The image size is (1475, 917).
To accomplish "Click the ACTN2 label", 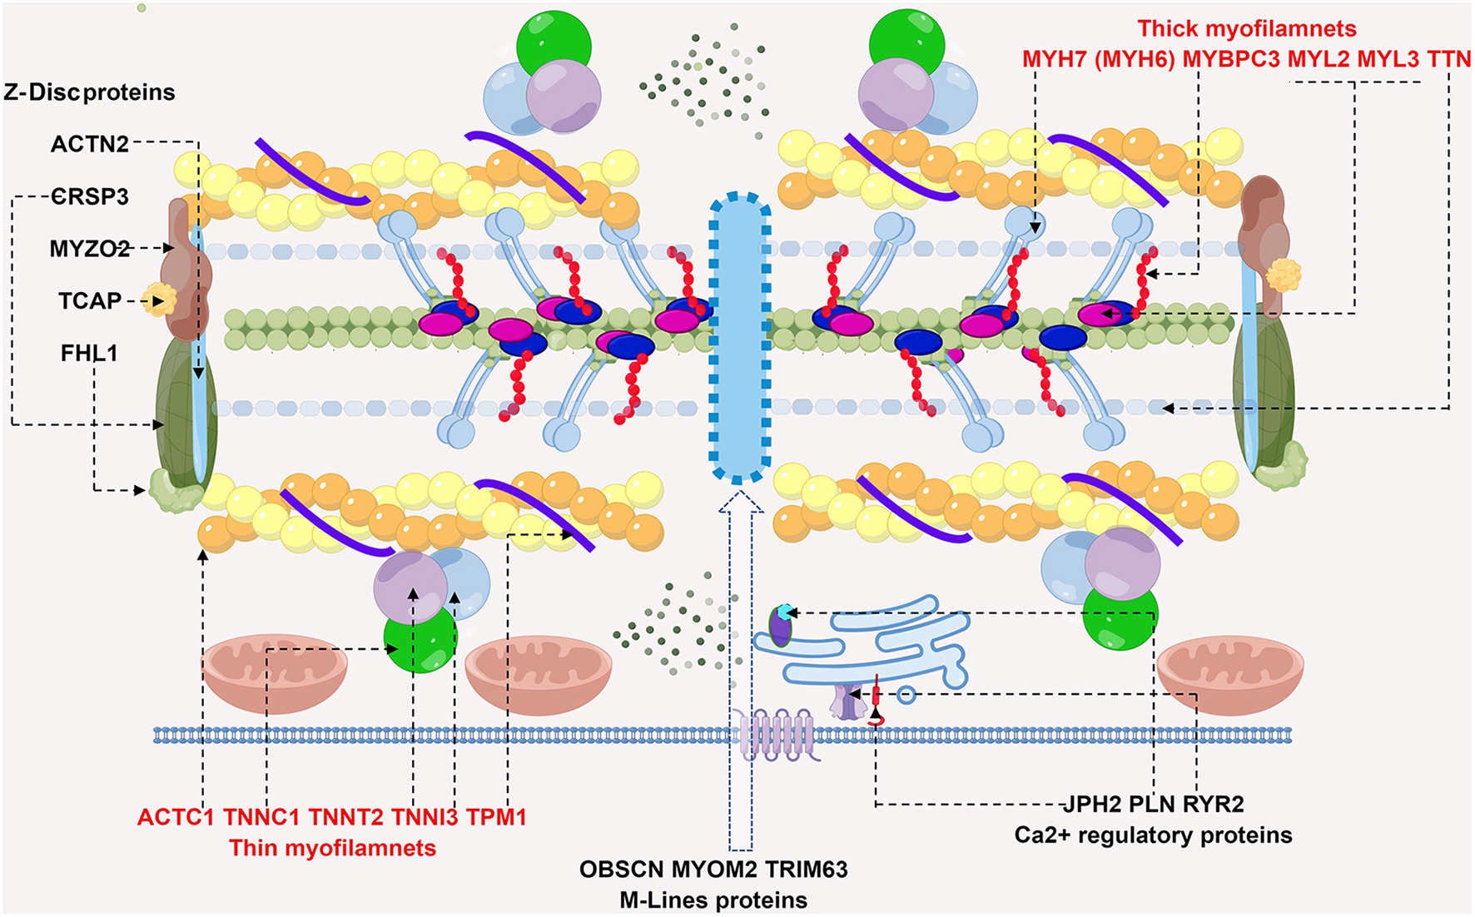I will point(90,144).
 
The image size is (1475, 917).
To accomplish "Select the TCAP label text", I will point(90,300).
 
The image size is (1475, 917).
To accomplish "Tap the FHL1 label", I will point(89,354).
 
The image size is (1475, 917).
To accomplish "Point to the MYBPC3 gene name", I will point(1231,59).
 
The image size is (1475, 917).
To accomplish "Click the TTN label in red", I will point(1449,59).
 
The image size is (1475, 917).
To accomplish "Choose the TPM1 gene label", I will point(496,817).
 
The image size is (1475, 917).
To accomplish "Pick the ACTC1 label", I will point(176,817).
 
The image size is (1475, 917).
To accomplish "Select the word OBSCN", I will point(621,870).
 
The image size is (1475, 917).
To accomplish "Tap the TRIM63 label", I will point(806,870).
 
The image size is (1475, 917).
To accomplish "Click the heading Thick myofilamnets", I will point(1246,29).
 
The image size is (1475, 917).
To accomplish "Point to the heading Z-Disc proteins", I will point(89,92).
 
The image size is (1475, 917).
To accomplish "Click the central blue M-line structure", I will point(739,337).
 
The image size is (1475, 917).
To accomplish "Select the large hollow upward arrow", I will point(740,666).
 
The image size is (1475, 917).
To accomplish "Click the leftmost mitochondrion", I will point(275,670).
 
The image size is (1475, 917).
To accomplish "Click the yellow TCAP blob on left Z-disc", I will point(157,300).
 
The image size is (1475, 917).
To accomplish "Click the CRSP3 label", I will point(90,197).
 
